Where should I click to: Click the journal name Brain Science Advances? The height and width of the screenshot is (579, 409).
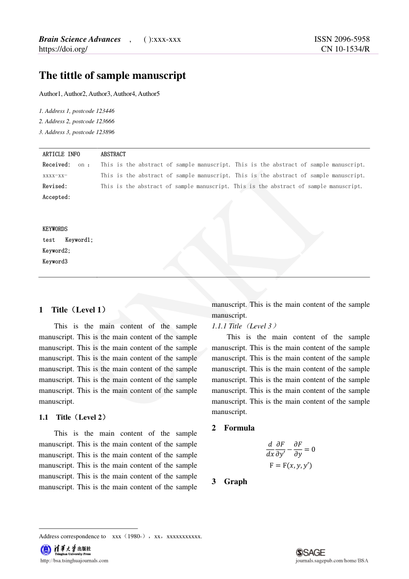point(80,39)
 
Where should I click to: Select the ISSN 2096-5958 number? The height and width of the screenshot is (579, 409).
point(342,39)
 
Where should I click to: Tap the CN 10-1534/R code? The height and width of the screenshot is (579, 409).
point(345,49)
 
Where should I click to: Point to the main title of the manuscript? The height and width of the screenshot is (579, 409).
point(112,76)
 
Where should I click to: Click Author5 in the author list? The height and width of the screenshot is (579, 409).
point(149,94)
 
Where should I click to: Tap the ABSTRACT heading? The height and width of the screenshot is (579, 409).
point(113,154)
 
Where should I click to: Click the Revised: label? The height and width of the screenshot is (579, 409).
point(55,186)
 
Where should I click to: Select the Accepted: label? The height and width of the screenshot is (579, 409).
point(56,197)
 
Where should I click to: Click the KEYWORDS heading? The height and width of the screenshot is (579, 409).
point(55,229)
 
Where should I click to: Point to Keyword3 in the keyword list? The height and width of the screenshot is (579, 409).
point(55,261)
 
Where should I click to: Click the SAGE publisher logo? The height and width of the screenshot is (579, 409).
point(311,552)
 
